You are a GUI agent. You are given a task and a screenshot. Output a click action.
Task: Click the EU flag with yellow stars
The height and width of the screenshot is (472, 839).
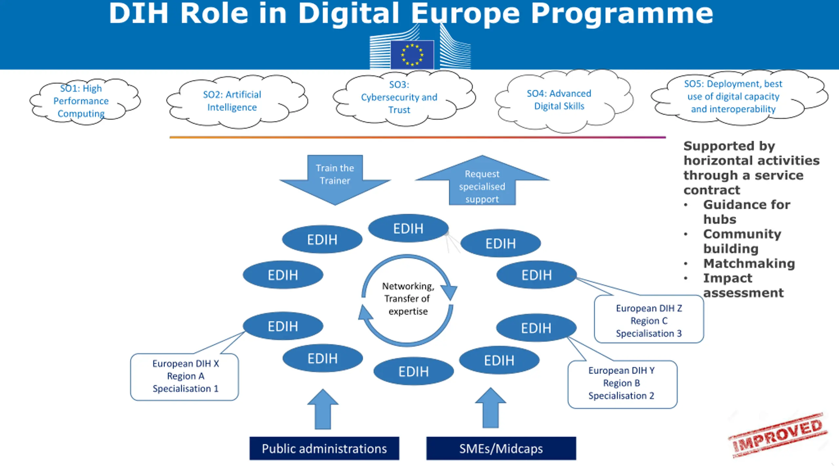pos(412,55)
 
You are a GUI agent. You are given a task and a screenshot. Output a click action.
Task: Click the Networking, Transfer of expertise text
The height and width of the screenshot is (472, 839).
pos(408,299)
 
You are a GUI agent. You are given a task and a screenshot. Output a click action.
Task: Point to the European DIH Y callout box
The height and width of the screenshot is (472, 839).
pos(622,383)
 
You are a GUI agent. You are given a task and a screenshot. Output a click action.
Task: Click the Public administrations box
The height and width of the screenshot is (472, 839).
pos(324,448)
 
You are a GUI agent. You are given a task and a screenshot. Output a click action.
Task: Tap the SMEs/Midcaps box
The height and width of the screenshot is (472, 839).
pos(501,448)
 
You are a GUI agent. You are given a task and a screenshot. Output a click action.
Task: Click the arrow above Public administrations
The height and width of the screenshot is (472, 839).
pos(323,409)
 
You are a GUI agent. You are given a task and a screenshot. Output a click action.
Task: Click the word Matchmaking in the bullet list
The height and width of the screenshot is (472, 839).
pos(749,263)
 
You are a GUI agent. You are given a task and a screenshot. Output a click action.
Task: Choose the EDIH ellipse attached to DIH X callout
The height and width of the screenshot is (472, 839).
pos(283,326)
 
